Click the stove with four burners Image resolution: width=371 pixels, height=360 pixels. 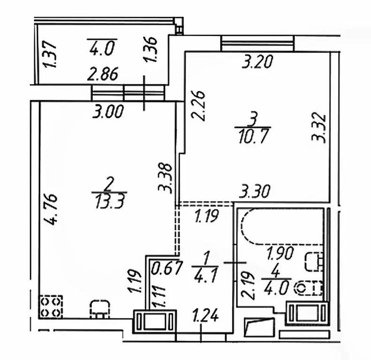point(51,307)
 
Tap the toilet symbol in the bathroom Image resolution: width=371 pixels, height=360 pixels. point(308,288)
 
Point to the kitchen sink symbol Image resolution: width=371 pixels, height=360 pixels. point(100,309)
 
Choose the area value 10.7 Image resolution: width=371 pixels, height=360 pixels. point(254,137)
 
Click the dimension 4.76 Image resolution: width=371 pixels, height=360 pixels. point(51,210)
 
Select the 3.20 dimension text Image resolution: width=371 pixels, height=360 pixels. point(257,61)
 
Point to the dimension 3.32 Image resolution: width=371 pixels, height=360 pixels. point(318,129)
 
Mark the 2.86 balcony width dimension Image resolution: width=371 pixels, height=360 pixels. point(102,74)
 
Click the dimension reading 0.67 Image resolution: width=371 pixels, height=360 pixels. point(167,268)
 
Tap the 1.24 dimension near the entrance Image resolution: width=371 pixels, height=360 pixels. point(205,316)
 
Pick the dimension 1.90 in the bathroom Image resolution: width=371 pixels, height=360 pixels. point(280,253)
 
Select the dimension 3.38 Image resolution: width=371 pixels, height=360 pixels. point(165,178)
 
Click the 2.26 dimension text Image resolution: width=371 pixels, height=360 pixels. point(198,105)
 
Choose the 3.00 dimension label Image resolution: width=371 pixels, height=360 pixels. point(108,112)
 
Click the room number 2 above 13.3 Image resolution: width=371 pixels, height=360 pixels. point(109,185)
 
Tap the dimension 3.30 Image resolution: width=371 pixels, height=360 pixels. point(254,191)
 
